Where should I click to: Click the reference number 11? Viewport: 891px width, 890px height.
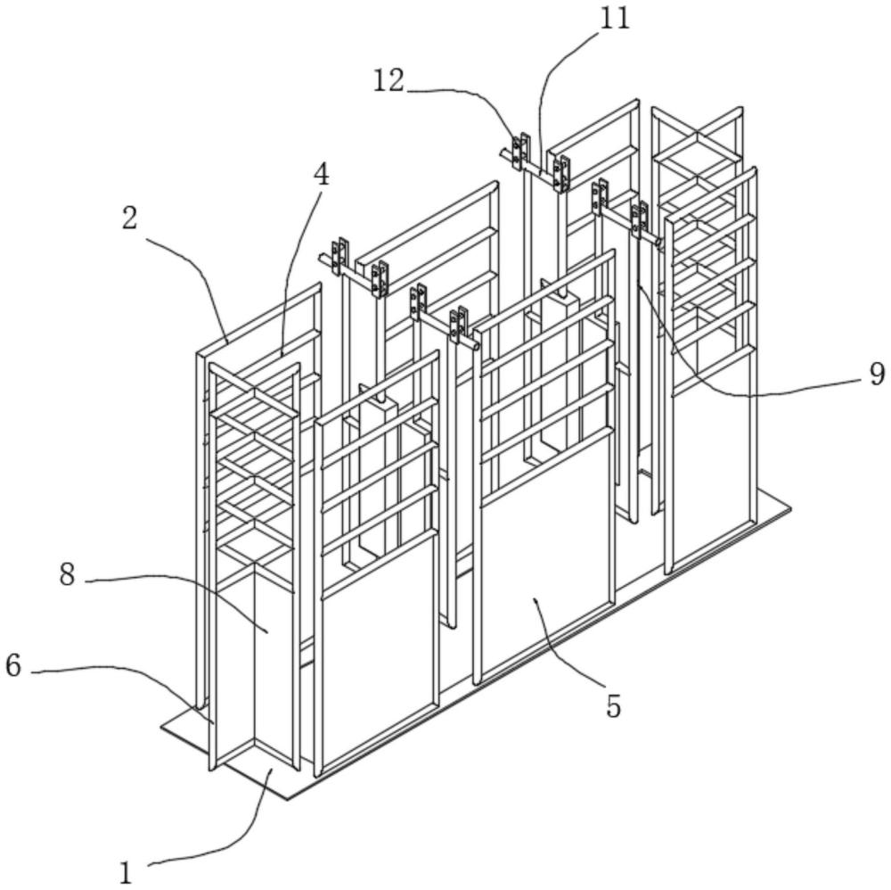(614, 18)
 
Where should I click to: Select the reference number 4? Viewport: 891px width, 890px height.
(320, 174)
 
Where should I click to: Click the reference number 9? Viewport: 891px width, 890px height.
(877, 375)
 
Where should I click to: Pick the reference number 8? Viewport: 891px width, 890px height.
(68, 575)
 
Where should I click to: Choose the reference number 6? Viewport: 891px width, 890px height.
(13, 666)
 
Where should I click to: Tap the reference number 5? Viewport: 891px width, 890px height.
(613, 706)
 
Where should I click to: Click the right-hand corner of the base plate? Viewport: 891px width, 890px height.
(789, 509)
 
